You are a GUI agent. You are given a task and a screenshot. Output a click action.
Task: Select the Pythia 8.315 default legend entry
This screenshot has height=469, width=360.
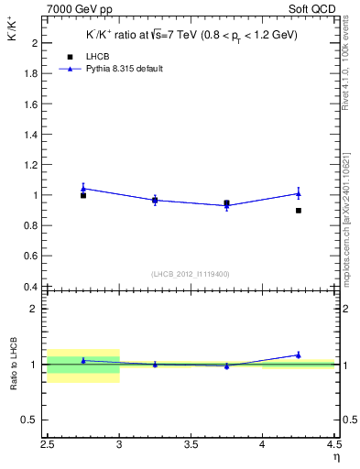[x=124, y=69]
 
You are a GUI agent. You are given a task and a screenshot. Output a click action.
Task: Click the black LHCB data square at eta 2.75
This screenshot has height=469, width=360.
[x=83, y=195]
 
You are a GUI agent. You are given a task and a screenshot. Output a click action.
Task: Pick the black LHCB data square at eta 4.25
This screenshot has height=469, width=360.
[x=299, y=211]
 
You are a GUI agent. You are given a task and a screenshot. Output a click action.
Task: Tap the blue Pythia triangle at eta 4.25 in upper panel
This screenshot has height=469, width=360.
[x=299, y=193]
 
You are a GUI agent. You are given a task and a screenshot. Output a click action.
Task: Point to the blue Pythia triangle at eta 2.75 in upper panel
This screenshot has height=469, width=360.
[x=83, y=189]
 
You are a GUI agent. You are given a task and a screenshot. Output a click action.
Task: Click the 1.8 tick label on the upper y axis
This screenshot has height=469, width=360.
[x=31, y=73]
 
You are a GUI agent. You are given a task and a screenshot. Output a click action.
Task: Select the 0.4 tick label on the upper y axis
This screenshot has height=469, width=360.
[x=31, y=287]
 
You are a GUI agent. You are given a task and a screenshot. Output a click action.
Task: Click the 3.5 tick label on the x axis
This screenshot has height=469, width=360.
[x=191, y=446]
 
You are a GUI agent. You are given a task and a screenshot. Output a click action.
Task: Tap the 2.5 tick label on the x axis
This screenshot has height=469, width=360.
[x=47, y=446]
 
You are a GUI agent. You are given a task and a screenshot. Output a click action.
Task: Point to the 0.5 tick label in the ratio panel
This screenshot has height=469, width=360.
[x=31, y=420]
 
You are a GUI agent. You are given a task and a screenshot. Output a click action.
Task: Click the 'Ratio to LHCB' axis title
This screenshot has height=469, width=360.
[x=14, y=365]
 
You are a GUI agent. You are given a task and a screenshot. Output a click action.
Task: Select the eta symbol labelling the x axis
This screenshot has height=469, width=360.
[x=335, y=457]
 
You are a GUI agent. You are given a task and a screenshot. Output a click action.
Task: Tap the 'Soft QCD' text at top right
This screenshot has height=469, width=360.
[x=313, y=9]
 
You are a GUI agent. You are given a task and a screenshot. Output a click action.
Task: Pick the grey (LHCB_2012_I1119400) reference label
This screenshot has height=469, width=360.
[x=191, y=274]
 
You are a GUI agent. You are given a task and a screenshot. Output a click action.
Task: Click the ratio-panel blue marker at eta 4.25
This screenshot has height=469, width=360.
[x=299, y=354]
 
